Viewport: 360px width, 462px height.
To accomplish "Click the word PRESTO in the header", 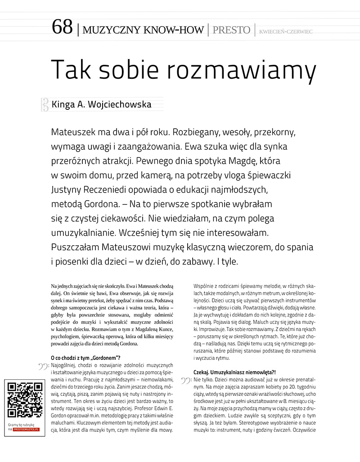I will pyautogui.click(x=231, y=30).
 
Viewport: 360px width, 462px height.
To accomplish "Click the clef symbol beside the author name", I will pyautogui.click(x=45, y=105).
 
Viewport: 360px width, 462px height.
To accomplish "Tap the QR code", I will pyautogui.click(x=24, y=400).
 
